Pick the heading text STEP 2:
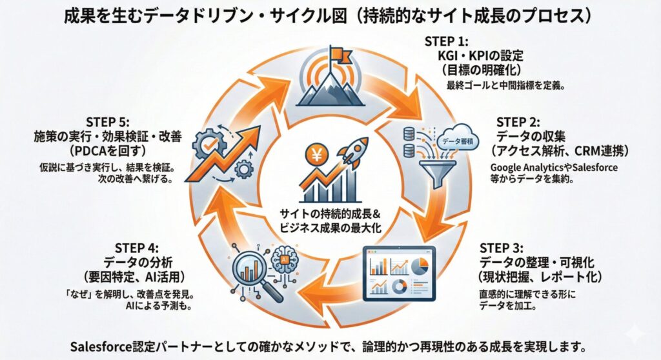point(521,122)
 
